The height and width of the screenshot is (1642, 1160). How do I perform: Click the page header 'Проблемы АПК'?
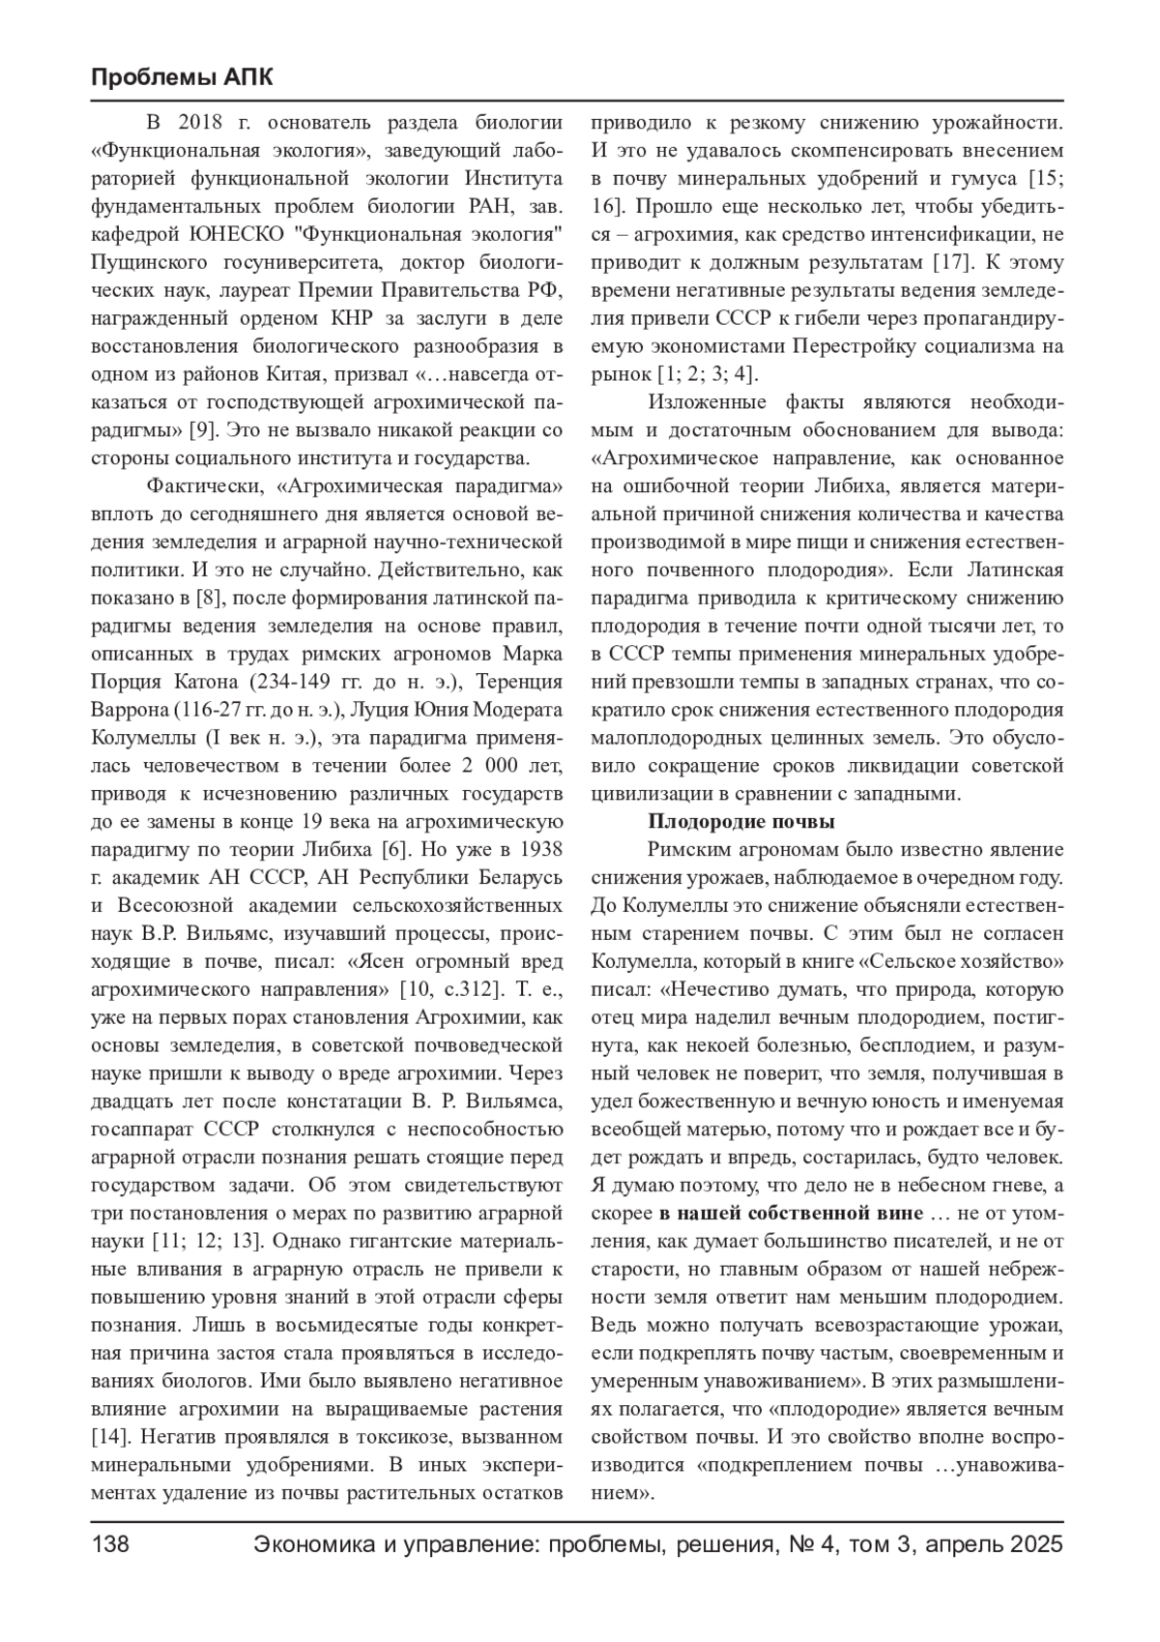tap(182, 77)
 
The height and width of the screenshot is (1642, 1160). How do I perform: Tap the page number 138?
tap(110, 1544)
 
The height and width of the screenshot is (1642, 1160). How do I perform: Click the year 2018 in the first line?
tap(201, 123)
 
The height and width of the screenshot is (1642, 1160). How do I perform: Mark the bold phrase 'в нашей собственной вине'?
tap(793, 1214)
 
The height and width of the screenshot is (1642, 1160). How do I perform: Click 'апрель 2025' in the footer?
tap(994, 1544)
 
